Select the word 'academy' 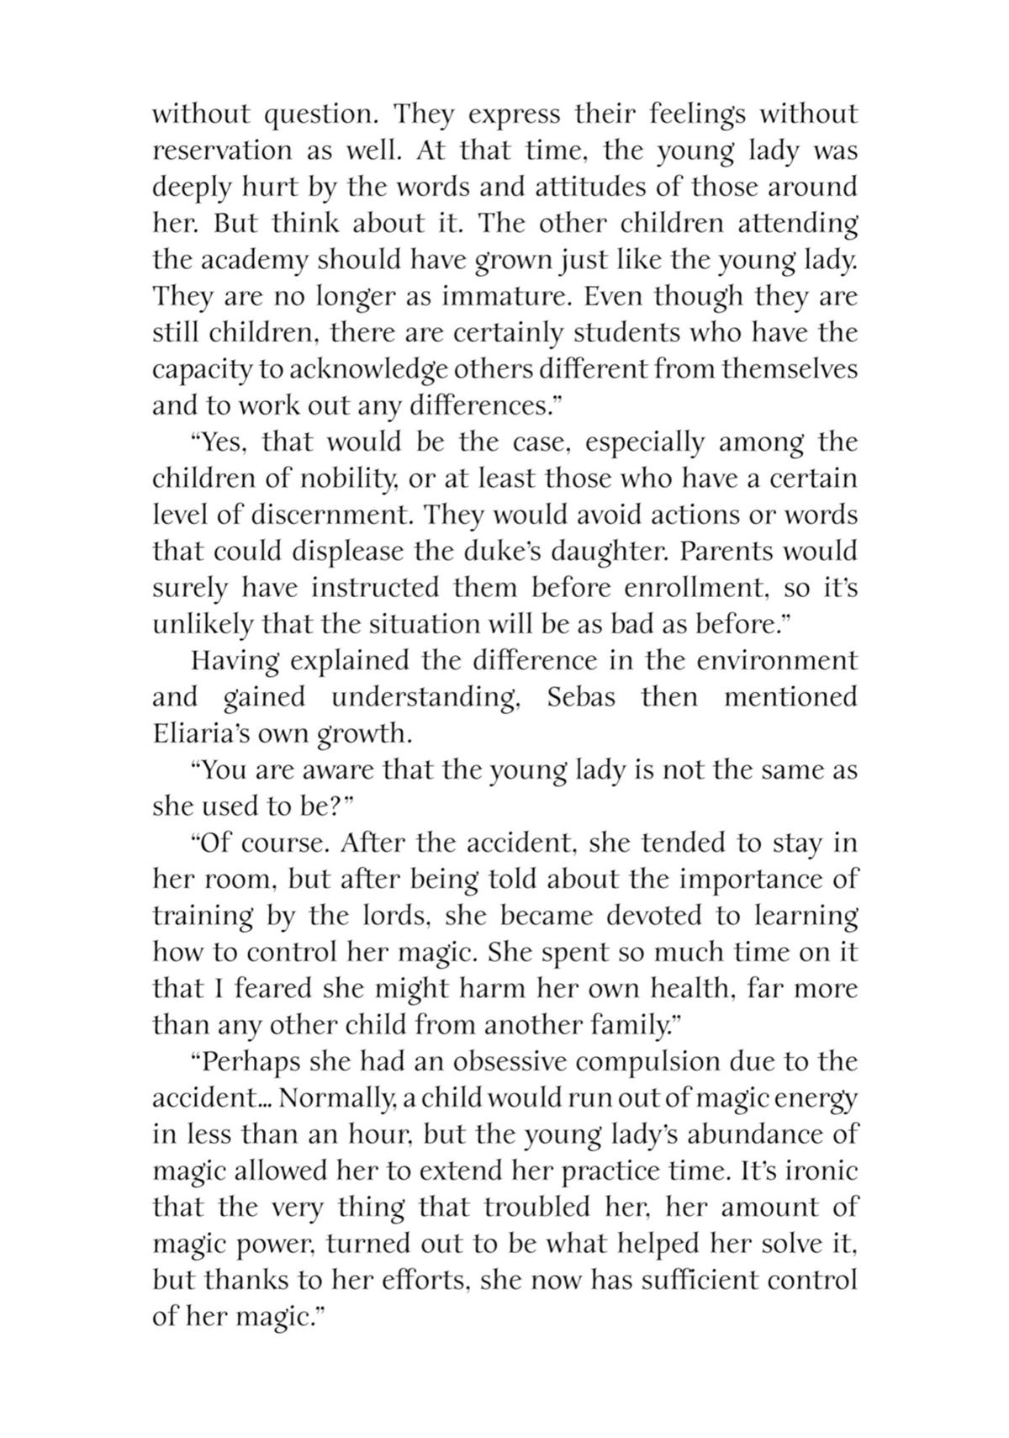click(256, 260)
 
